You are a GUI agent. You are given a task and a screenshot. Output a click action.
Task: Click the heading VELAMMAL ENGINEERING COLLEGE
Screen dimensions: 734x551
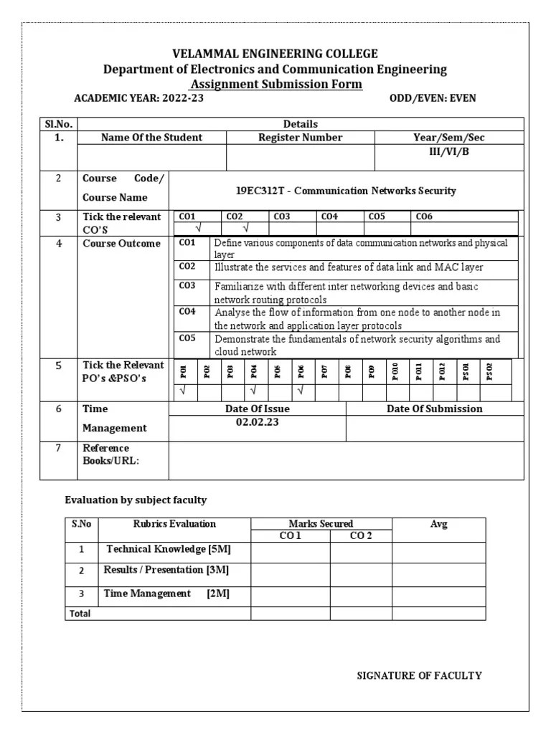[275, 54]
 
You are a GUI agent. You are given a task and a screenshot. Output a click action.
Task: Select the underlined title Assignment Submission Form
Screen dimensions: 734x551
[275, 84]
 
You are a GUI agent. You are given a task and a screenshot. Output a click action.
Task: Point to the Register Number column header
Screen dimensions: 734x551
[300, 137]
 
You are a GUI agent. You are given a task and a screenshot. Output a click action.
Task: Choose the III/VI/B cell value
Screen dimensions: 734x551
[449, 152]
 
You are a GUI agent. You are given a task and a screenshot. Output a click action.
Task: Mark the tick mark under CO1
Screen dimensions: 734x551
[198, 228]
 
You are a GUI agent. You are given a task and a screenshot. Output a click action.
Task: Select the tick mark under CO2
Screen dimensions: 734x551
[245, 228]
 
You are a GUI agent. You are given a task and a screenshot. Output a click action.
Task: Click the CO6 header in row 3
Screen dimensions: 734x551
[424, 216]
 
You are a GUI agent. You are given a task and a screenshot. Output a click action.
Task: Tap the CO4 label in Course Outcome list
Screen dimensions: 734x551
[187, 312]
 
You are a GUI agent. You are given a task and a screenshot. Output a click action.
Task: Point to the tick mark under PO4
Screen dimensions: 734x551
[254, 391]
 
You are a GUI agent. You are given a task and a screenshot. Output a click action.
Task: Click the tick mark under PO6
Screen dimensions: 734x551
[301, 391]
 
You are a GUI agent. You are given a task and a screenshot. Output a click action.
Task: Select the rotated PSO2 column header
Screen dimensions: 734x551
[490, 371]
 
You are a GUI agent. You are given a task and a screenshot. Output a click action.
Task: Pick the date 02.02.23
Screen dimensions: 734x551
[257, 422]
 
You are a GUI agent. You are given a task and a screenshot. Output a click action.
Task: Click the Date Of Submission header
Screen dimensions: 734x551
[435, 409]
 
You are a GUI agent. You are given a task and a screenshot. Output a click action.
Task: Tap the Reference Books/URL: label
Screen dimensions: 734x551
[110, 454]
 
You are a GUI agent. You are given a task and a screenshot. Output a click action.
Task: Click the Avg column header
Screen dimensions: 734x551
[438, 524]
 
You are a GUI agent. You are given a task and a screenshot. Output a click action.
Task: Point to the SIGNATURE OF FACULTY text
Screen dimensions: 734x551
[420, 675]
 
